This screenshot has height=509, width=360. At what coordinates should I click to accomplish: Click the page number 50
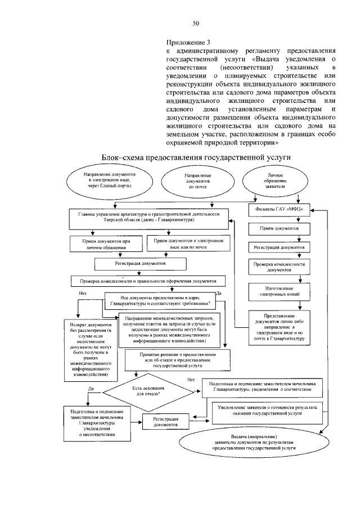click(x=196, y=24)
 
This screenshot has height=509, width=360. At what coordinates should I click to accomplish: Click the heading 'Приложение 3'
click(x=188, y=42)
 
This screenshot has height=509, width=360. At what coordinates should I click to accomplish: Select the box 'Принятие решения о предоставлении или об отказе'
click(x=177, y=360)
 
